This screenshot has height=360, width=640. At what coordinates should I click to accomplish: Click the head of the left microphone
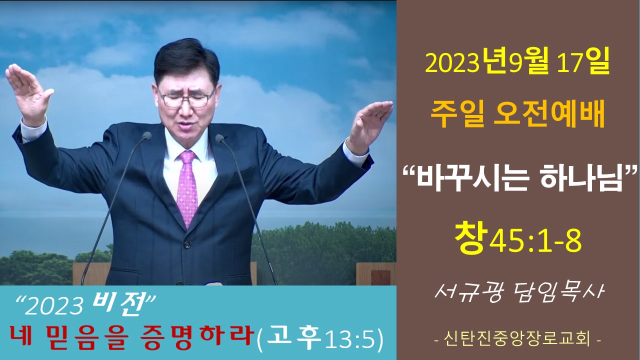tap(147, 136)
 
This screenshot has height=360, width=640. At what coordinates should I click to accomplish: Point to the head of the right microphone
tap(219, 139)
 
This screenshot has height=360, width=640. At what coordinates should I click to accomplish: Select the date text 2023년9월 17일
tap(517, 63)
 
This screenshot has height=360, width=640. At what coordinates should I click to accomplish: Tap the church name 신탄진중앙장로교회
tap(517, 339)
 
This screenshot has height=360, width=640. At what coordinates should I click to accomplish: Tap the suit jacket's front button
tap(187, 245)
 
